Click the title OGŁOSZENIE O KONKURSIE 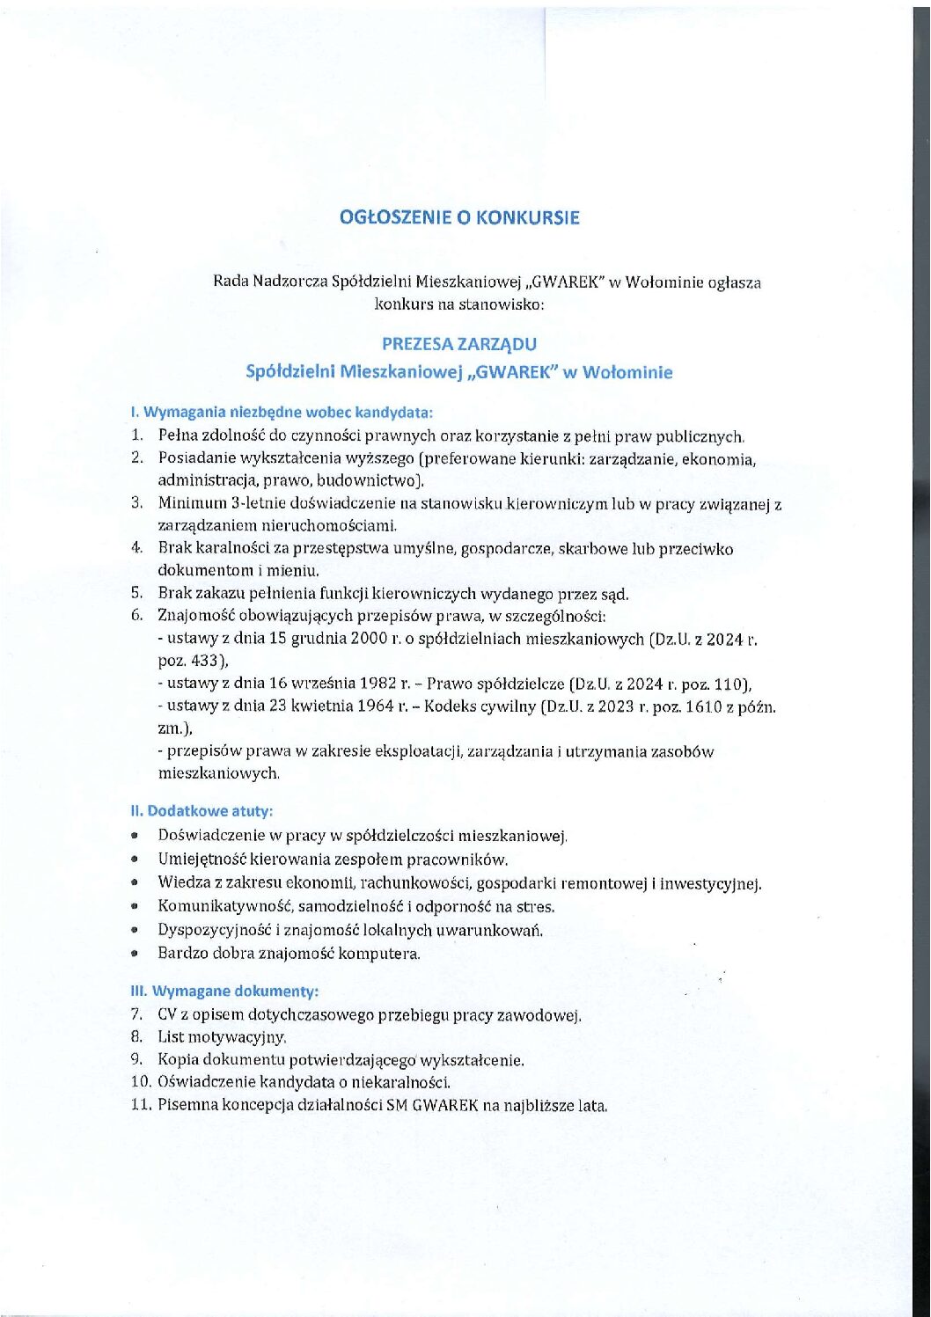coord(459,217)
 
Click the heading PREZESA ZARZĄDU coord(459,344)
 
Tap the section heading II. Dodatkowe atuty coord(202,810)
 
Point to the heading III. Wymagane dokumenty coord(224,991)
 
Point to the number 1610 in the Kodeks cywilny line coord(704,706)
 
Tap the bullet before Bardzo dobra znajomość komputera coord(135,953)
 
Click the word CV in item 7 coord(167,1014)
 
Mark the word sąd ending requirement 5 coord(615,594)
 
